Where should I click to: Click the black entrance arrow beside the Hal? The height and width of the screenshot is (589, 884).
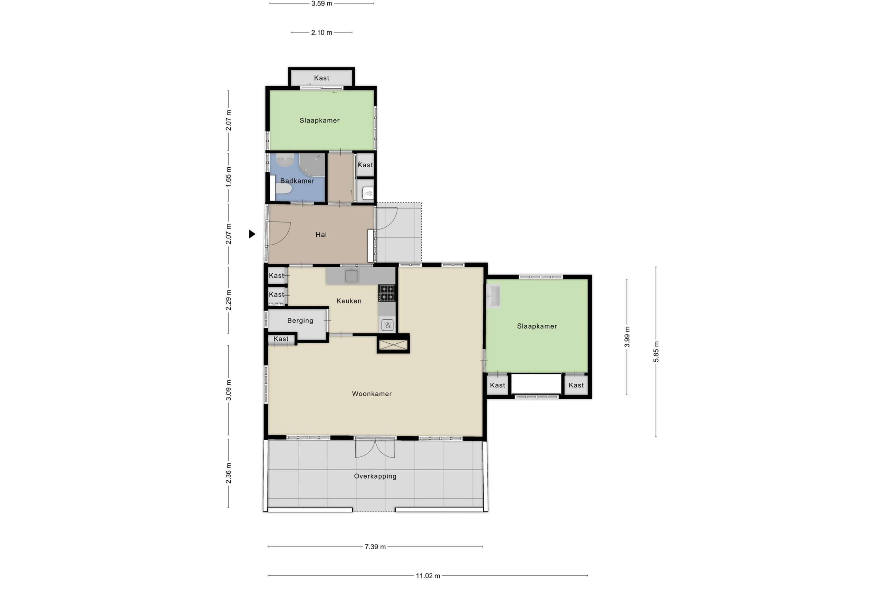(x=252, y=234)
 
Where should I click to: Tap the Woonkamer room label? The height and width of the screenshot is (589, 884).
(x=372, y=394)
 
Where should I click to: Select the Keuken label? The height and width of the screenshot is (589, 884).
(x=349, y=301)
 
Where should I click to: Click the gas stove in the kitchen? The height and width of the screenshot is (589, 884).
(x=386, y=293)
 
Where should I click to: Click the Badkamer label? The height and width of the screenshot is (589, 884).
(x=297, y=181)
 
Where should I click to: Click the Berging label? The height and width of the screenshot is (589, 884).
(x=300, y=321)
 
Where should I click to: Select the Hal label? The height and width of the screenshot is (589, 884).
(x=321, y=235)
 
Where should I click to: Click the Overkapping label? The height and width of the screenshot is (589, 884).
(x=375, y=476)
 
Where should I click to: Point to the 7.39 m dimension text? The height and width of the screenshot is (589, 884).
(x=375, y=547)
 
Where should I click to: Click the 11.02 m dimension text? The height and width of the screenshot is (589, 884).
(x=428, y=576)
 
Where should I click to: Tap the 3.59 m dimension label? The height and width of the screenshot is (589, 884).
(x=322, y=4)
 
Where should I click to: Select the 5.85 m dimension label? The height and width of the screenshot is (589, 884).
(x=656, y=352)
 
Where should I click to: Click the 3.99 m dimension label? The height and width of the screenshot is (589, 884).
(x=627, y=337)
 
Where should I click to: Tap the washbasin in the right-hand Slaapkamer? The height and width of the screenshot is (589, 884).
(x=493, y=296)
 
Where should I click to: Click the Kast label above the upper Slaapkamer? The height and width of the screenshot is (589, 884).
(x=321, y=78)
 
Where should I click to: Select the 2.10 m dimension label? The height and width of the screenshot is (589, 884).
(x=322, y=33)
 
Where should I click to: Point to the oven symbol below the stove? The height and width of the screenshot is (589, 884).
(x=387, y=325)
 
